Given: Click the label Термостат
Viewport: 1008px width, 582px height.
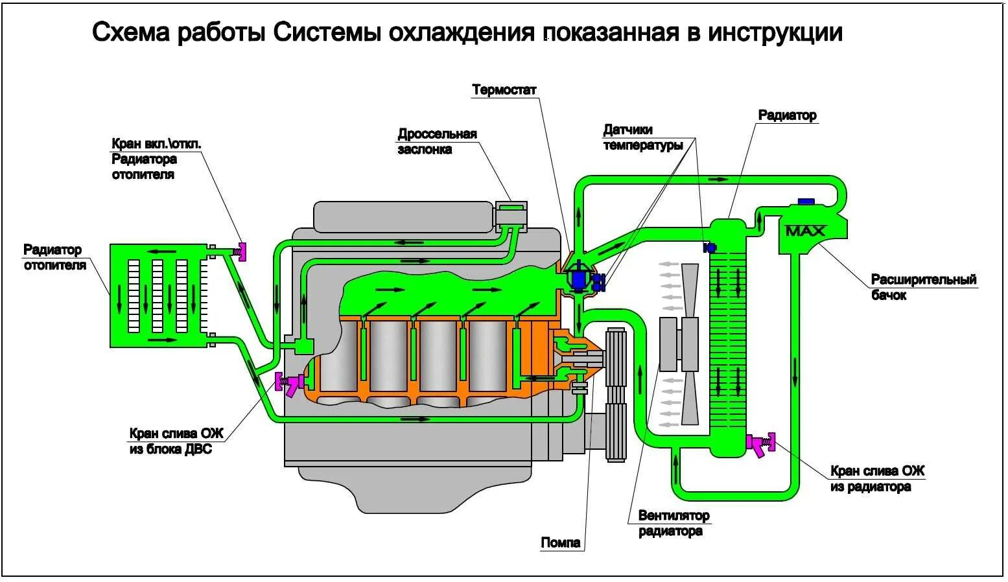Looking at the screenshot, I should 504,90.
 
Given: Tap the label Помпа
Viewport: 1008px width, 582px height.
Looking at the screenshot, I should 561,542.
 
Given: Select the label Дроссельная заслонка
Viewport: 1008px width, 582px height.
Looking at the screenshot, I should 437,142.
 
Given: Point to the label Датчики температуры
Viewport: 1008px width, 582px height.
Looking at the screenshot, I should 642,137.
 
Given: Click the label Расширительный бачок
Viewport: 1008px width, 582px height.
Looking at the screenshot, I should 923,287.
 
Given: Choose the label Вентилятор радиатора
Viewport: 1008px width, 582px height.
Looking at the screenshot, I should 674,524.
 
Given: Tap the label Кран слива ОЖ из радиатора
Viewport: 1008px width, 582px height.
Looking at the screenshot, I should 877,479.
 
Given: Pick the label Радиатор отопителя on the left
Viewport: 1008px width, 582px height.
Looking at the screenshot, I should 53,257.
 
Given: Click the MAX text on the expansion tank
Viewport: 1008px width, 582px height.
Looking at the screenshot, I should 805,231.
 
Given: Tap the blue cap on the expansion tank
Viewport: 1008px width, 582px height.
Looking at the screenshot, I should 806,202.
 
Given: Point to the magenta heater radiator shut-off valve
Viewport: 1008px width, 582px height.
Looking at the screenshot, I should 242,251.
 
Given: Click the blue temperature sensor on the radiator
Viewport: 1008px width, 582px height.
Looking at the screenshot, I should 709,248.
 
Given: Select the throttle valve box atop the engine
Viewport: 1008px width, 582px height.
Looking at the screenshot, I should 511,216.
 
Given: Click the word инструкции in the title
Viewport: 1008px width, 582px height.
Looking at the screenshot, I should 775,32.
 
